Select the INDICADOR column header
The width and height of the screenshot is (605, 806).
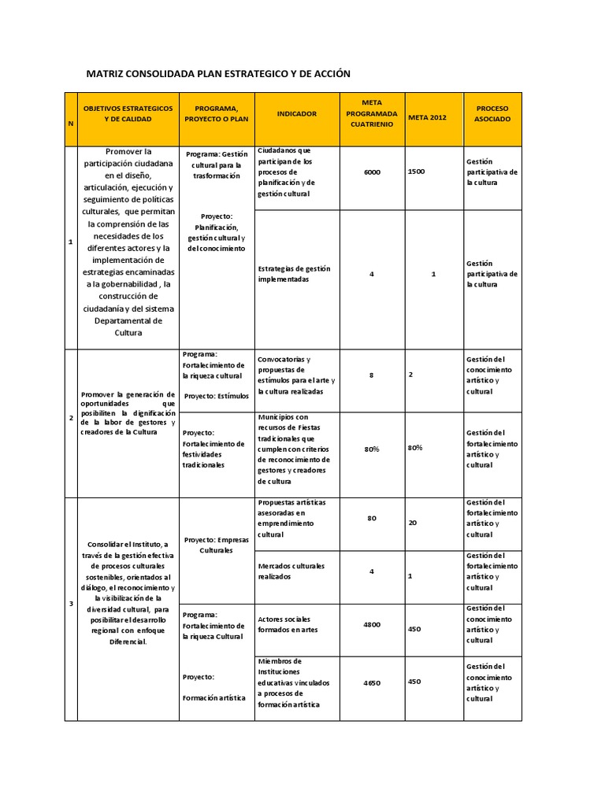[296, 113]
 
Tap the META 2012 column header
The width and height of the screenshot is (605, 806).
[427, 117]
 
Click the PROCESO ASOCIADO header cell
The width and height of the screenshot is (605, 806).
[492, 113]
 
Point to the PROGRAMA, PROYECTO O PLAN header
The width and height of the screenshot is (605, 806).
[215, 113]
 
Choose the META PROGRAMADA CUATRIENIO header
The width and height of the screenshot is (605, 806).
[371, 113]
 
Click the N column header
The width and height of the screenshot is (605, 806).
[70, 124]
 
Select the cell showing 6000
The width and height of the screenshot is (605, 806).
[372, 172]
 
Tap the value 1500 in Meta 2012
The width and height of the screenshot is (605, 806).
[417, 171]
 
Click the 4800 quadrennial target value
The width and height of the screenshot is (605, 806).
[372, 624]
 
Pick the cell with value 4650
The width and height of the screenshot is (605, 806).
[372, 682]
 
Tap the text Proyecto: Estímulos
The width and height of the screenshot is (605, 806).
[216, 396]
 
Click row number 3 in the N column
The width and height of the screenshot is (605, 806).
[71, 604]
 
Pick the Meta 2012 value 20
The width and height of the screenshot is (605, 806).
[412, 522]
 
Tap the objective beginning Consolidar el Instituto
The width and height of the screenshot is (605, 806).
[128, 593]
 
